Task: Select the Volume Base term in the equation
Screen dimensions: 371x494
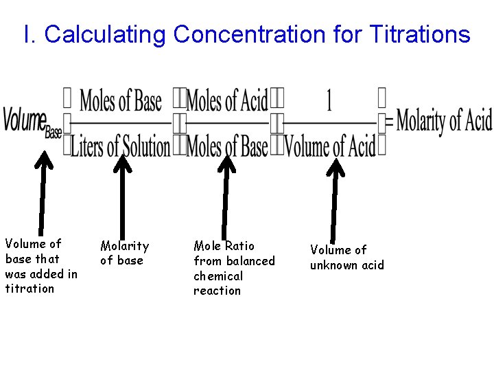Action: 32,122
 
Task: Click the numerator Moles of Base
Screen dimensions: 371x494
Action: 121,102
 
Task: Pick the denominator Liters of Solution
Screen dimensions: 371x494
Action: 121,146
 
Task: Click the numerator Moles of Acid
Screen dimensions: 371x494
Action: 227,102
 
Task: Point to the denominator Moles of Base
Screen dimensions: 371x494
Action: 227,146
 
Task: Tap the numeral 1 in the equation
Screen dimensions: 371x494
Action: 329,102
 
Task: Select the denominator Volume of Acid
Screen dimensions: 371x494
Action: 330,146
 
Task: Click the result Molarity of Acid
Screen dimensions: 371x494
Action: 444,122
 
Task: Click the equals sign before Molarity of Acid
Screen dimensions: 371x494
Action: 389,123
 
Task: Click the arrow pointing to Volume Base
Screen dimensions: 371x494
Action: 43,192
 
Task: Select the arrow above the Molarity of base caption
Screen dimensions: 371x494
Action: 122,196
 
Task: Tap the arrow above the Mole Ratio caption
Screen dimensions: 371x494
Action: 225,196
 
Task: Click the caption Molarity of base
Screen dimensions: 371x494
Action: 124,253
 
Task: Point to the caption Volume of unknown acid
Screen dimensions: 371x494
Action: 346,258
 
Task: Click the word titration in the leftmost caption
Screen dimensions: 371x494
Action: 30,289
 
